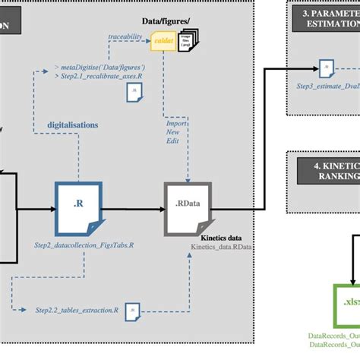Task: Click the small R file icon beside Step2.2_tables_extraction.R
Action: pyautogui.click(x=131, y=310)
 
